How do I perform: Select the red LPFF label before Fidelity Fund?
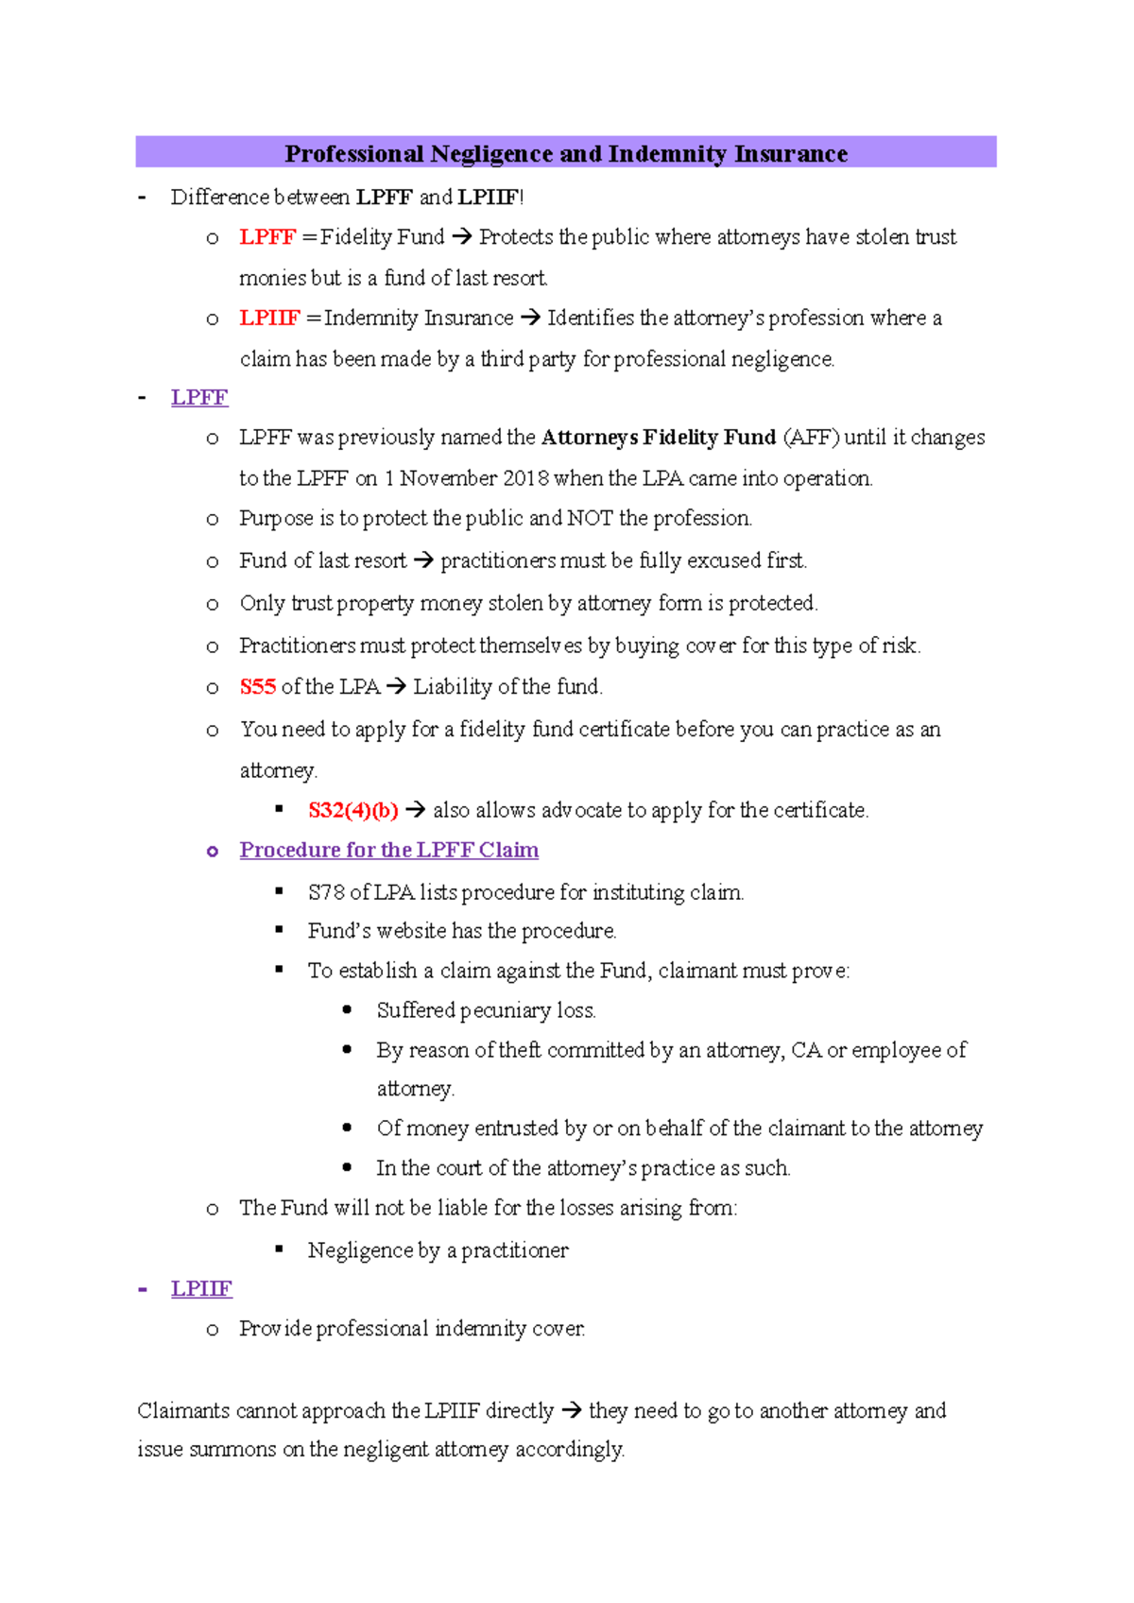(267, 237)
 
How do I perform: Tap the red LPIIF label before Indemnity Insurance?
(269, 319)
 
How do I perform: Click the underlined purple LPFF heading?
(199, 398)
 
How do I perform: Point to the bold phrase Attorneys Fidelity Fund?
(659, 438)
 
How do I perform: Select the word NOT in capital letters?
(590, 519)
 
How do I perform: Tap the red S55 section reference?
(257, 687)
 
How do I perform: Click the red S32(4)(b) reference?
(352, 811)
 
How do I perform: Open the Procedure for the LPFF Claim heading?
(388, 851)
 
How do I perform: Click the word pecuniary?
(505, 1011)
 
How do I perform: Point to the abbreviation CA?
(805, 1050)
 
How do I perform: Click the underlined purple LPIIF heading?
(201, 1289)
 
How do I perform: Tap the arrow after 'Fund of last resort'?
(423, 561)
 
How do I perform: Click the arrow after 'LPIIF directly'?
(571, 1411)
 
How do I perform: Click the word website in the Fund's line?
(411, 932)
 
